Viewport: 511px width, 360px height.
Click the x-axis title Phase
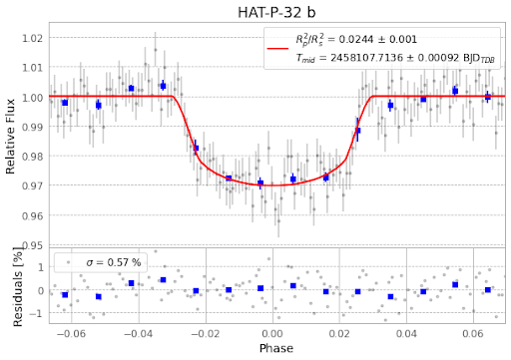point(276,349)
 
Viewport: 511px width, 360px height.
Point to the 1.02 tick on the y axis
point(33,38)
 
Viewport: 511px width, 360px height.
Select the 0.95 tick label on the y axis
point(33,245)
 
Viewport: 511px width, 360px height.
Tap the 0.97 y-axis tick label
point(33,186)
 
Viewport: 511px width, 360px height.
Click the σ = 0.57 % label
point(114,262)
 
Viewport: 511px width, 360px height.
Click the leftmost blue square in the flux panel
point(65,103)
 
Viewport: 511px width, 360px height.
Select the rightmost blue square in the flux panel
point(487,97)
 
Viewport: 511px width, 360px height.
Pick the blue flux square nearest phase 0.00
point(260,182)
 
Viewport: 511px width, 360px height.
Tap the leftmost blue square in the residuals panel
point(65,295)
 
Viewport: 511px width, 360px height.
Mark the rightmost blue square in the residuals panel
point(487,290)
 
